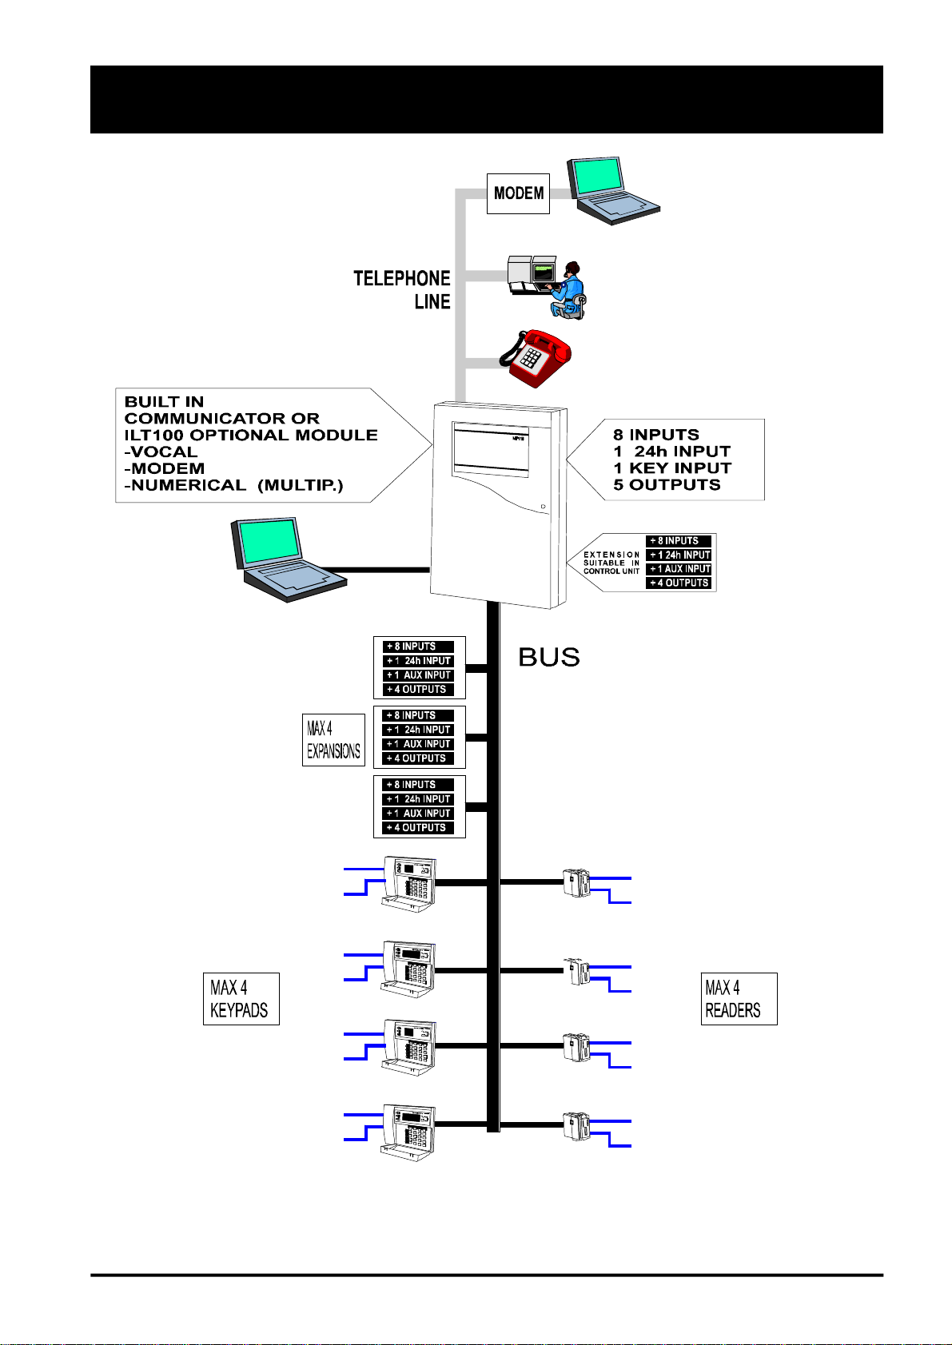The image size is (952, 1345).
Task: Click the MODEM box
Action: pos(518,193)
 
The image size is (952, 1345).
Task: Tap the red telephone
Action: pos(536,358)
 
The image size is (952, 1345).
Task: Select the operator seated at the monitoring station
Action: pos(568,291)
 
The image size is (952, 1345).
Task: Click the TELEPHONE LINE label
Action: pos(403,290)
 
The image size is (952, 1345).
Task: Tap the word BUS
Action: pos(549,657)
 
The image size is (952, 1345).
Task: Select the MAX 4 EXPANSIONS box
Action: pos(333,740)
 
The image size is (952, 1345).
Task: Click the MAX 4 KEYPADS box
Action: pos(241,999)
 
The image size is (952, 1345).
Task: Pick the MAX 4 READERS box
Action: pos(739,999)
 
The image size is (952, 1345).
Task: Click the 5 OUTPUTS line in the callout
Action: pos(667,485)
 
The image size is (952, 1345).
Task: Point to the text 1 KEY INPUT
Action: pos(672,468)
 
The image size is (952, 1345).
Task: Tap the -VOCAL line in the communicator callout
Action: pos(161,452)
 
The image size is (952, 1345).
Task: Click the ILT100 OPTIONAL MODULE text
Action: pos(251,435)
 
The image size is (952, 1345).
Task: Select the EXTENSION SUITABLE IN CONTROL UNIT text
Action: pos(611,563)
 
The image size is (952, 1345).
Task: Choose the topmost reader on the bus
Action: pos(576,882)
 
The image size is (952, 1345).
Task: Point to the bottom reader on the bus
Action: pos(576,1125)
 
